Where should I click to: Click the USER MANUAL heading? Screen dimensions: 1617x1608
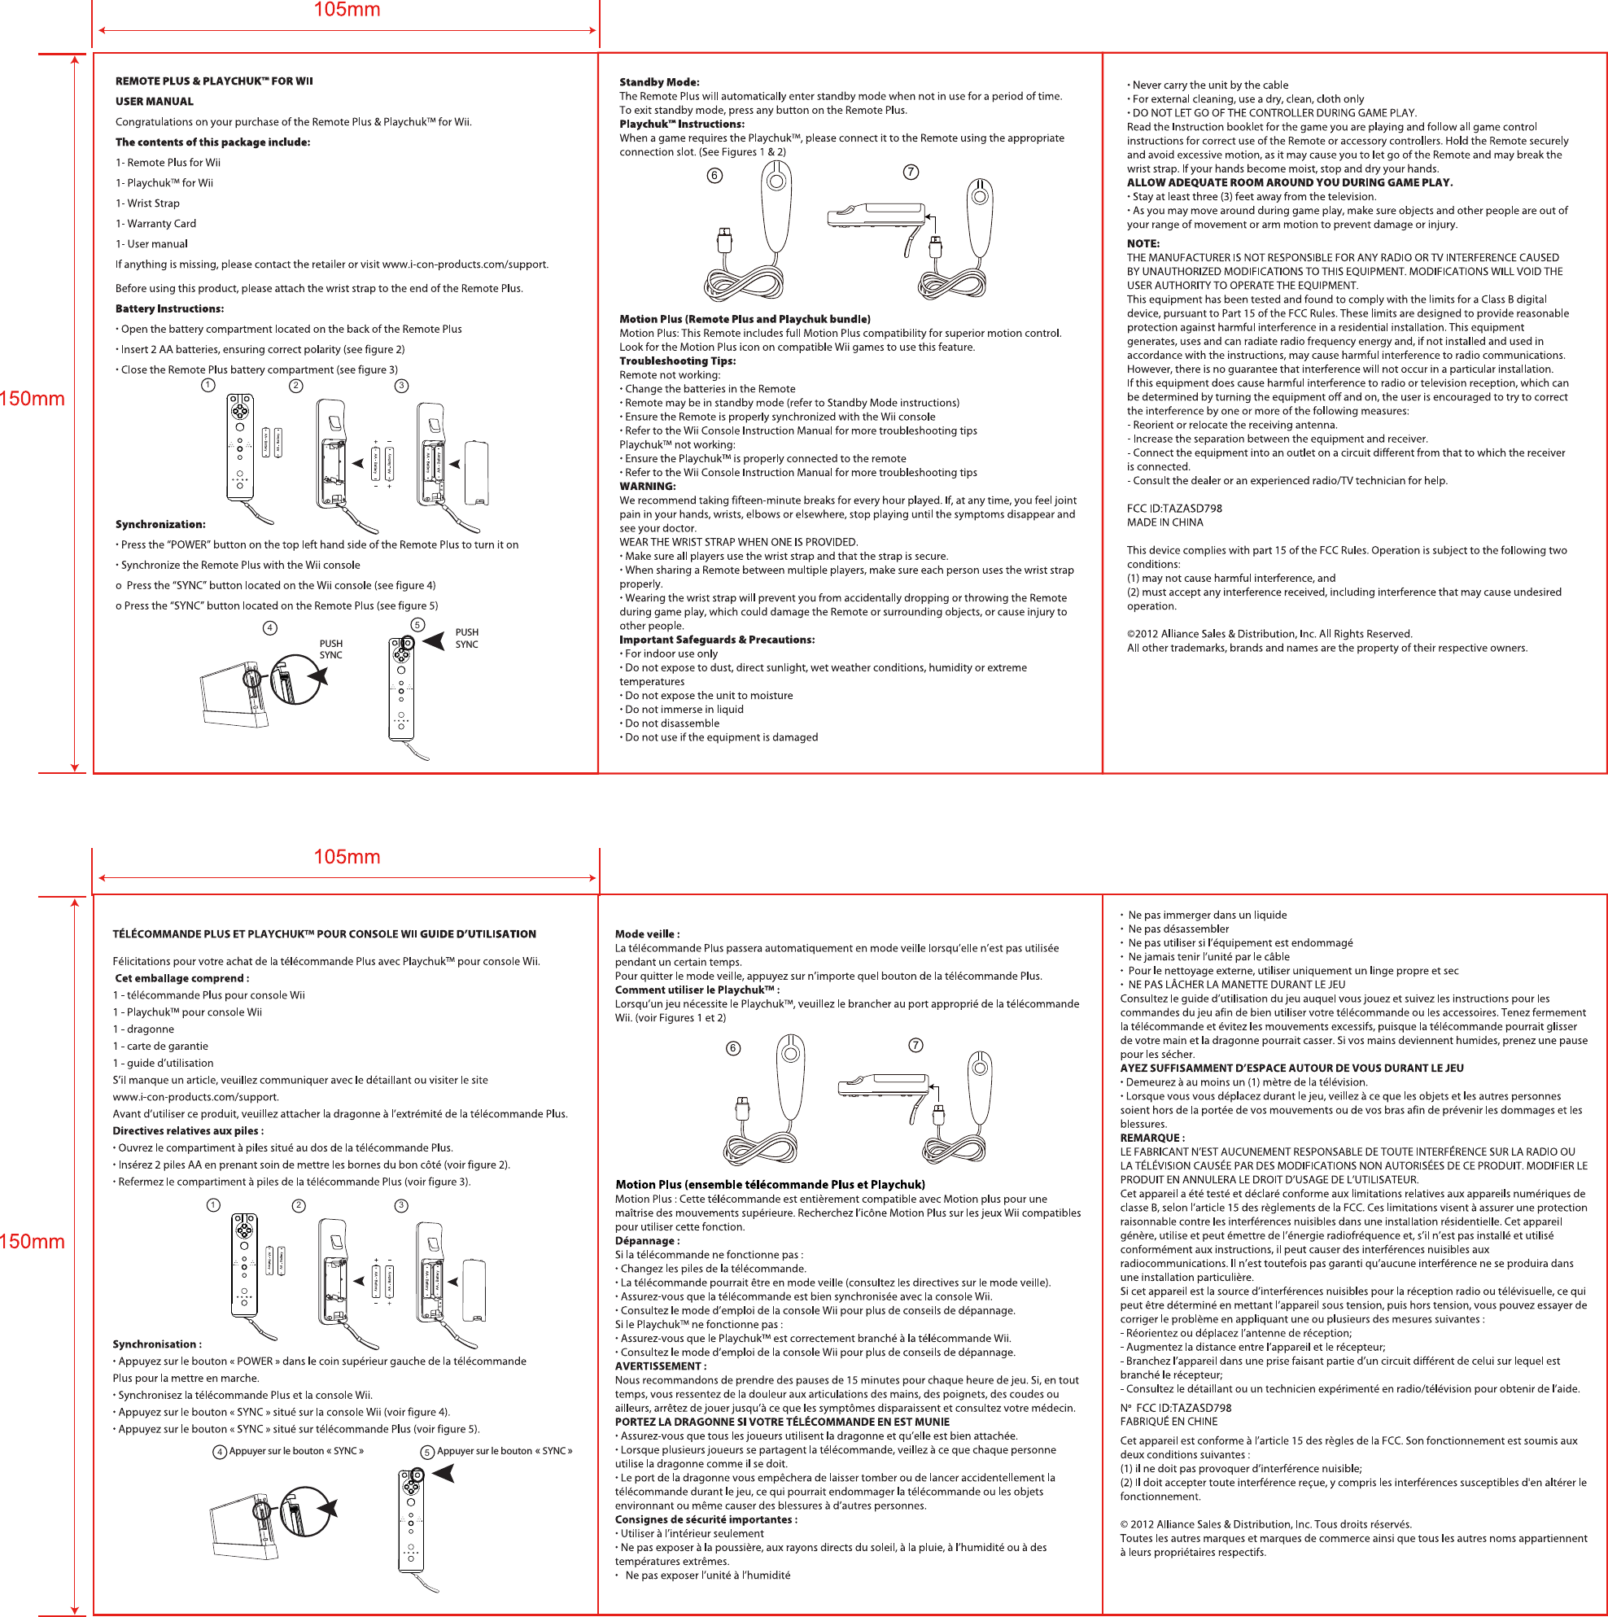click(x=154, y=101)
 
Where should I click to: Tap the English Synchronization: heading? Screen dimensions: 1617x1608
click(x=159, y=524)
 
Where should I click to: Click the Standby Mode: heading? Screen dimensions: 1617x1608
click(x=659, y=82)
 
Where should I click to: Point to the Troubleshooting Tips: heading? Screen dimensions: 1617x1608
click(x=677, y=361)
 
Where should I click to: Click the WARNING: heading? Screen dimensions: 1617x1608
click(x=647, y=487)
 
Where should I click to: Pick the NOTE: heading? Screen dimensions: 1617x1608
click(x=1143, y=243)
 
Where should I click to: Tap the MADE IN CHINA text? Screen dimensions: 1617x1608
click(x=1164, y=522)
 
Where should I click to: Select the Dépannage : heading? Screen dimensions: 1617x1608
click(x=647, y=1240)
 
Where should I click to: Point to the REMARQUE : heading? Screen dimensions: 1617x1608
click(x=1151, y=1138)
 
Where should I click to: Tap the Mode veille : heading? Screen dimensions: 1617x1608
click(x=647, y=934)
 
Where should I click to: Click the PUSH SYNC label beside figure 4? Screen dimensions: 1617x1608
click(x=330, y=649)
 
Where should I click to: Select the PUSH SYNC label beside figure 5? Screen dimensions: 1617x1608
click(x=466, y=639)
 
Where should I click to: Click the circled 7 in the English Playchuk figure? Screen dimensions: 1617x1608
click(x=911, y=172)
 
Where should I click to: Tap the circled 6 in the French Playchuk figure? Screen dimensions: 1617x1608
click(x=733, y=1049)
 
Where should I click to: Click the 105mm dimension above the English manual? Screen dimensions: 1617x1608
click(x=347, y=10)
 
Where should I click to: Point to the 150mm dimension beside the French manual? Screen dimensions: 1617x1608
click(x=32, y=1241)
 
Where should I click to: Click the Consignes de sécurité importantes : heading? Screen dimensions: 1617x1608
click(x=706, y=1519)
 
